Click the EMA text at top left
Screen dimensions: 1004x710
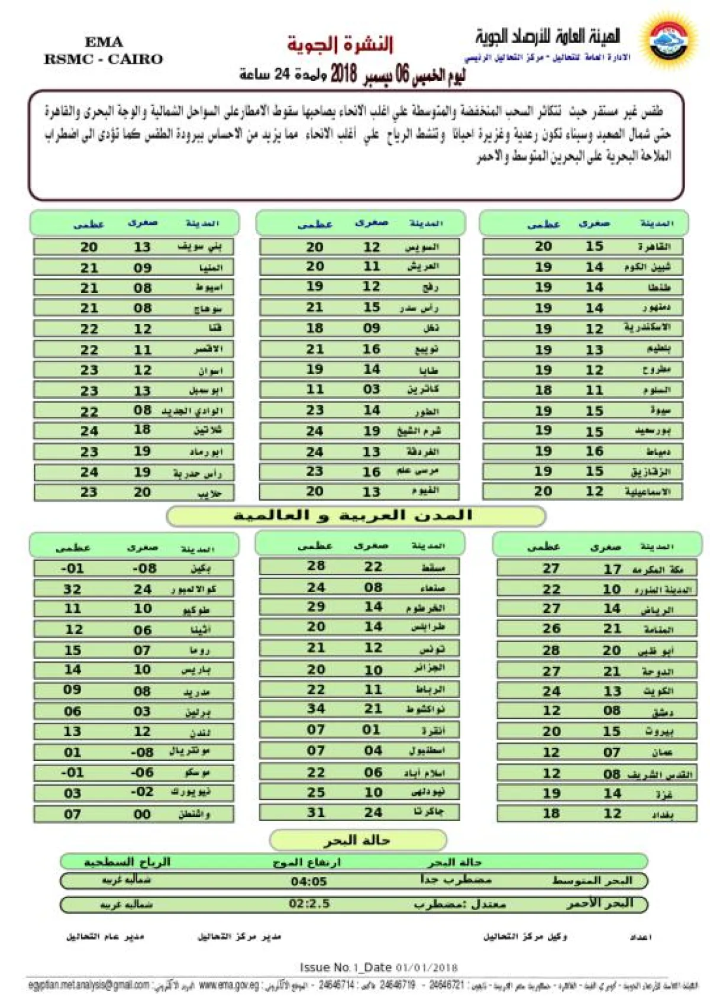click(x=104, y=42)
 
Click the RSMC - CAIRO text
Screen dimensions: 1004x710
click(x=104, y=59)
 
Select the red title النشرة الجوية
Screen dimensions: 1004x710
click(x=340, y=44)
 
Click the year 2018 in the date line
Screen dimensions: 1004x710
click(x=343, y=75)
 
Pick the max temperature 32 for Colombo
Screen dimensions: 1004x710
click(x=72, y=589)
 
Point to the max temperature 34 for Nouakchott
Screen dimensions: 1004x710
click(x=316, y=709)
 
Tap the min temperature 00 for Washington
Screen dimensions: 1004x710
click(x=142, y=814)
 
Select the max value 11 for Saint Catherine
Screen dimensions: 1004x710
click(x=315, y=390)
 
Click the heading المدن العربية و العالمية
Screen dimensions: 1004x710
click(x=353, y=515)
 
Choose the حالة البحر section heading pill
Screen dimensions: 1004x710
click(x=357, y=840)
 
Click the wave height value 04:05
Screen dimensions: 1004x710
click(x=309, y=882)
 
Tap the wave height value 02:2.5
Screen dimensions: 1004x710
click(x=309, y=904)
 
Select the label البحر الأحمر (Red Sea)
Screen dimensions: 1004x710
click(x=599, y=904)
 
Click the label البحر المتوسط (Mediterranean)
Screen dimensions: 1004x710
click(x=592, y=881)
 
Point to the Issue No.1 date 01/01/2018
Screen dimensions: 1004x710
click(x=427, y=968)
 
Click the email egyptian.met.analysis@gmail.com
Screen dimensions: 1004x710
click(x=89, y=985)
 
